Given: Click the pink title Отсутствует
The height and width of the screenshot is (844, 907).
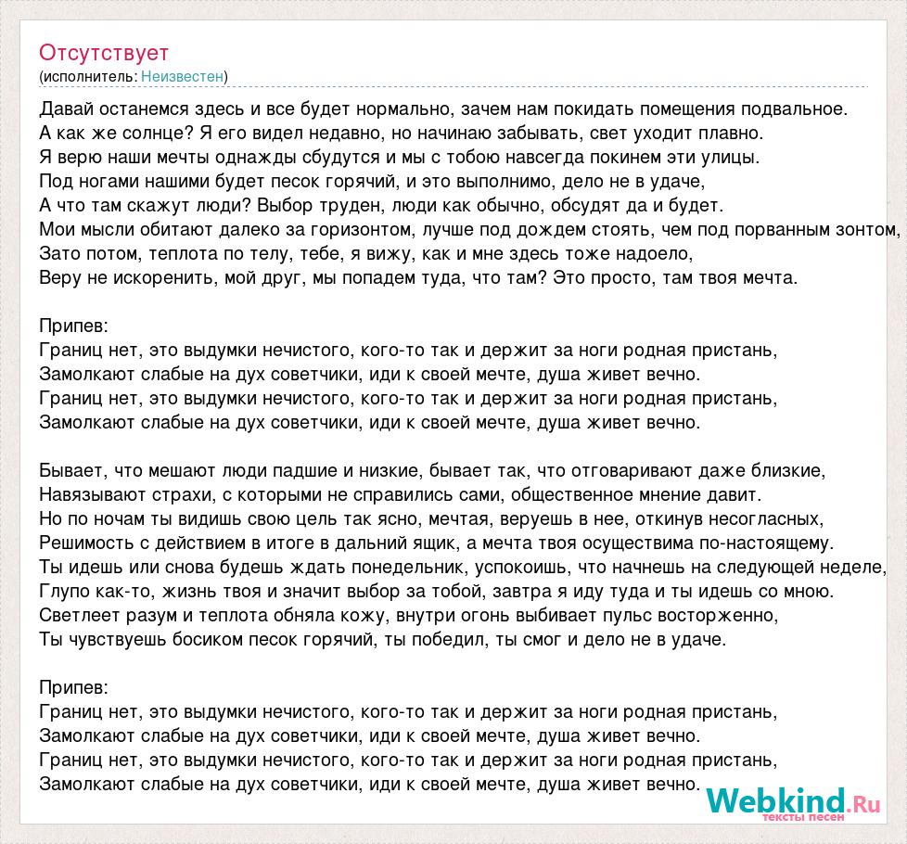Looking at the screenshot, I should (x=104, y=52).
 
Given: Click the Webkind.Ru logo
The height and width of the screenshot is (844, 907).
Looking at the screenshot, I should (x=792, y=801).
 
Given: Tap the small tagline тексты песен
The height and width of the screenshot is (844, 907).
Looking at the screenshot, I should (x=803, y=818).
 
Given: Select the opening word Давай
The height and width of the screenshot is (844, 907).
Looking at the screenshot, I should (x=68, y=108).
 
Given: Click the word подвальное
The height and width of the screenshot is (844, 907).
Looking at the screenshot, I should (x=796, y=108).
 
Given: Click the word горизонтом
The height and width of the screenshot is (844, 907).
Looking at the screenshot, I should (x=356, y=228).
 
